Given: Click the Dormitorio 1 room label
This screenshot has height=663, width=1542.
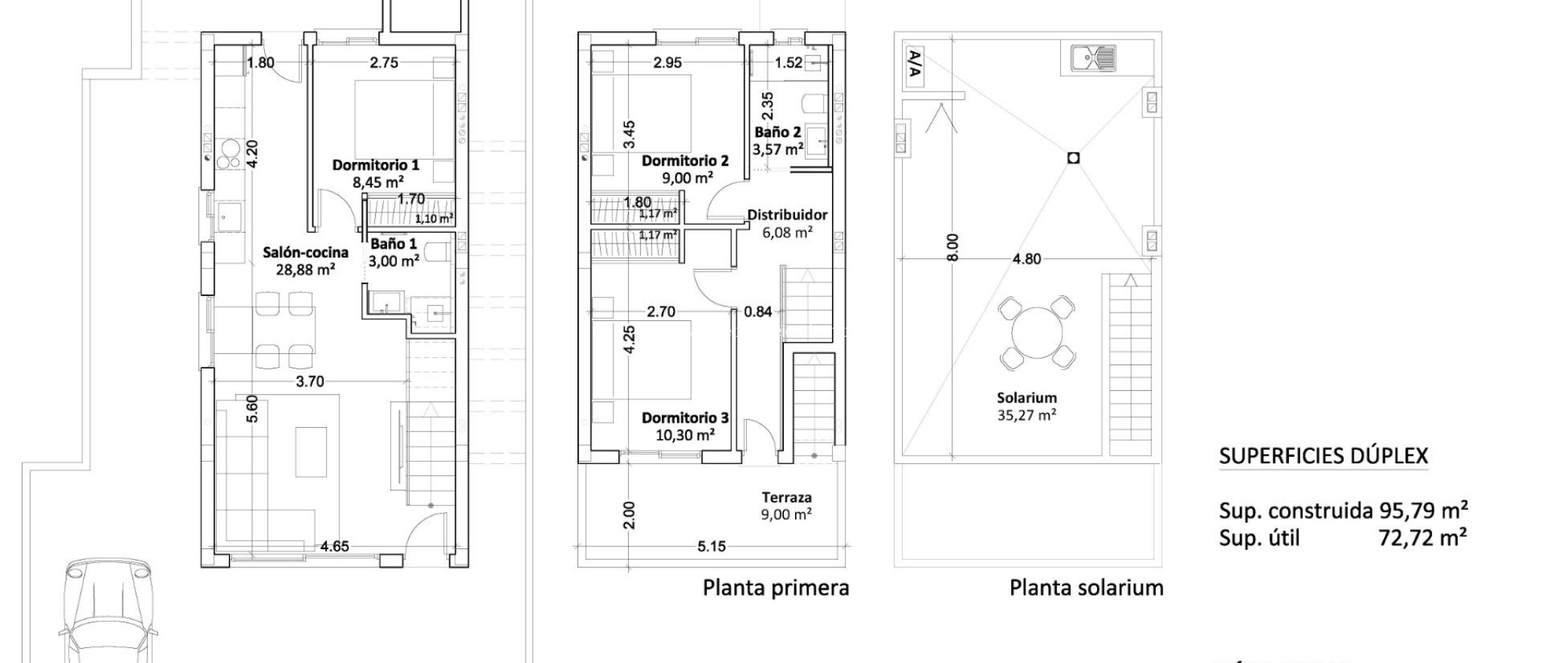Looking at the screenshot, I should pyautogui.click(x=376, y=164).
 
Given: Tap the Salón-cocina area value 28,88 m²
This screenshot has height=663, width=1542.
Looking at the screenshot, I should pyautogui.click(x=305, y=269).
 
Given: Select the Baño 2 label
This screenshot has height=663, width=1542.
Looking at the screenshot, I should pyautogui.click(x=778, y=132).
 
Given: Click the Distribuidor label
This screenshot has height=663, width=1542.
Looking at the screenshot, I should pyautogui.click(x=787, y=215).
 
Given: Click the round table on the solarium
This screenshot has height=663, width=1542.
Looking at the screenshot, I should pyautogui.click(x=1036, y=332).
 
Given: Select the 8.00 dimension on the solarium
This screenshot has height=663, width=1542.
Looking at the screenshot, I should pyautogui.click(x=952, y=247).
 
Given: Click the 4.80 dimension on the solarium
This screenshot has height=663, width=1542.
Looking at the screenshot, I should pyautogui.click(x=1026, y=259).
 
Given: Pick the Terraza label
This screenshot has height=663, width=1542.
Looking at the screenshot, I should pyautogui.click(x=786, y=497).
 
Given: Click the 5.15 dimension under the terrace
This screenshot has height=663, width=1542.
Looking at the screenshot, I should pyautogui.click(x=711, y=546).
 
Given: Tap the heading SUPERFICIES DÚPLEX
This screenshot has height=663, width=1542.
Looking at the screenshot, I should pyautogui.click(x=1323, y=456).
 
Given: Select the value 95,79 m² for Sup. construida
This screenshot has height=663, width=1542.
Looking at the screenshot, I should pyautogui.click(x=1423, y=511).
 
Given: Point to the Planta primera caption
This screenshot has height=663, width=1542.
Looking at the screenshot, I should pyautogui.click(x=776, y=588).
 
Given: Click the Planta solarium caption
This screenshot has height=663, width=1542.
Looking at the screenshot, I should pyautogui.click(x=1086, y=588).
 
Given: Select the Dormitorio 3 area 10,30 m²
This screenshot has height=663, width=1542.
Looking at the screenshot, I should pyautogui.click(x=684, y=435).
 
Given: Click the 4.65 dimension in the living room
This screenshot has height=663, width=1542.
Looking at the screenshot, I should pyautogui.click(x=334, y=546).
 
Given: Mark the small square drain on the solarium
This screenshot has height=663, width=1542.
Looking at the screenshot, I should pyautogui.click(x=1074, y=158).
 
